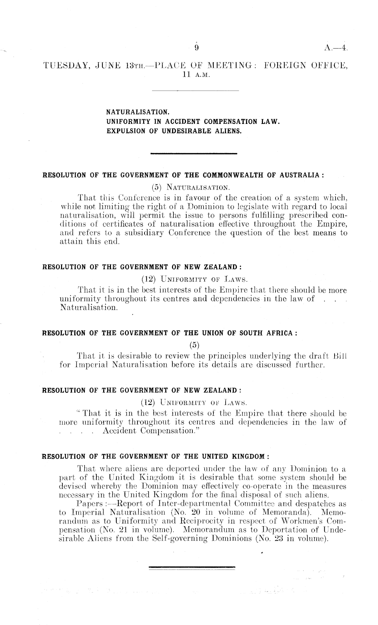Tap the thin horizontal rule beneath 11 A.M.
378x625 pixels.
pos(196,91)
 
